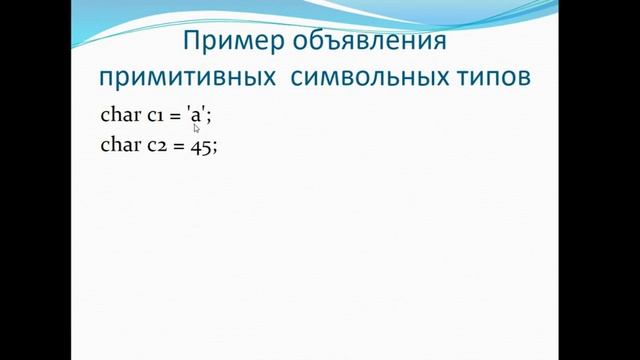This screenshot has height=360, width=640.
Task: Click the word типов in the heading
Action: pyautogui.click(x=491, y=79)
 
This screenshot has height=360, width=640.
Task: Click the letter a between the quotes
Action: pyautogui.click(x=196, y=116)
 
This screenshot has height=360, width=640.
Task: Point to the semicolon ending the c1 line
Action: pyautogui.click(x=209, y=117)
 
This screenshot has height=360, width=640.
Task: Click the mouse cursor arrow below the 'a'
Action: pyautogui.click(x=197, y=128)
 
